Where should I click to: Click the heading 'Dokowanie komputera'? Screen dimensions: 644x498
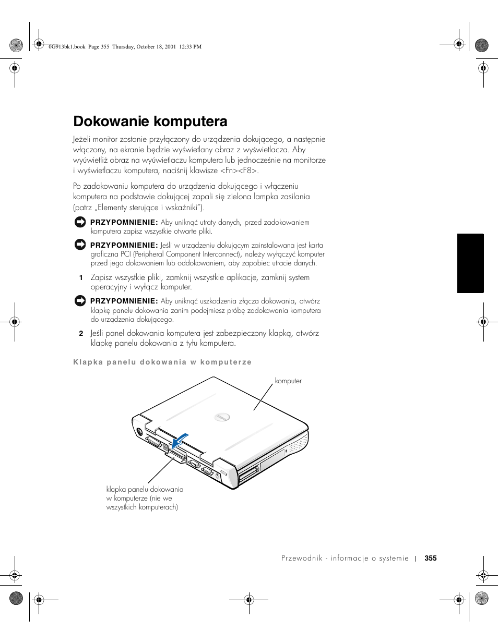pos(150,121)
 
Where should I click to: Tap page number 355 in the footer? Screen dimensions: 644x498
pos(430,558)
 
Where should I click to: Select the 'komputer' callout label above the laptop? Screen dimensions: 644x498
pos(288,381)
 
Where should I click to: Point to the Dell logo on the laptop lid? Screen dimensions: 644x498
pos(222,417)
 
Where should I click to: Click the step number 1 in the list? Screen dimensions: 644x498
pos(81,278)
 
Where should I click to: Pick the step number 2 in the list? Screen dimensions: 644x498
pos(81,333)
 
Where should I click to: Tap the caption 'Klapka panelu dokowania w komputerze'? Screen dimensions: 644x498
pos(162,362)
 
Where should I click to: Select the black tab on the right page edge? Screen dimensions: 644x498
pos(470,263)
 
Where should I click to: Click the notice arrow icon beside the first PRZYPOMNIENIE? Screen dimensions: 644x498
pos(80,222)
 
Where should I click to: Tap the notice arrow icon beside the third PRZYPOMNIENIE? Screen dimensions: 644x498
pos(80,301)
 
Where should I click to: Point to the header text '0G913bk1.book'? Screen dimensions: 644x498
pos(66,47)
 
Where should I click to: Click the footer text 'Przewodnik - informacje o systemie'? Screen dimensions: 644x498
pos(345,558)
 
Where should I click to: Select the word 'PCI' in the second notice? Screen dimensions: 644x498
pos(126,254)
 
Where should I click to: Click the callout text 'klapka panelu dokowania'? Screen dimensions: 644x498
pos(145,489)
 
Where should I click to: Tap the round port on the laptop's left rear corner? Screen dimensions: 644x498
pos(139,431)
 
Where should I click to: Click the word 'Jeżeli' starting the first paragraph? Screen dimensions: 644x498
pos(82,139)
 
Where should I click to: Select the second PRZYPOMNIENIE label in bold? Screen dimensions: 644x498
pos(124,245)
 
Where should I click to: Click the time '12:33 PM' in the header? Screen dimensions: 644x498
pos(190,47)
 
